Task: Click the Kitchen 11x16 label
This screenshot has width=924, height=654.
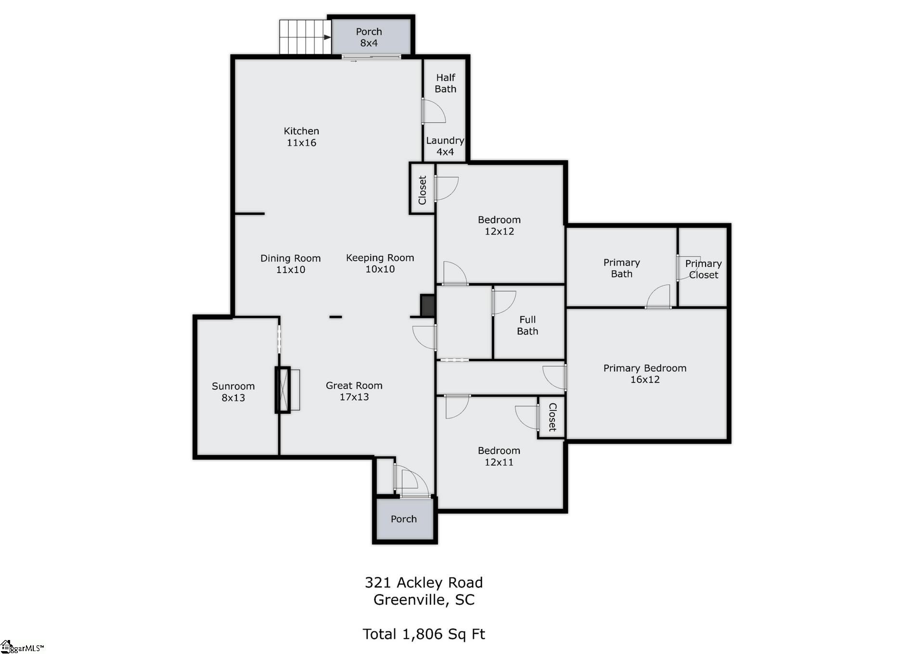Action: coord(301,137)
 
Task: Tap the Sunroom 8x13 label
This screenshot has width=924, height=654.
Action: coord(233,392)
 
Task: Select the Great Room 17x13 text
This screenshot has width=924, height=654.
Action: coord(354,391)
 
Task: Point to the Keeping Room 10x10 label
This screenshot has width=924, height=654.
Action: coord(380,263)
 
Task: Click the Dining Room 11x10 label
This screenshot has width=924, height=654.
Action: coord(291,264)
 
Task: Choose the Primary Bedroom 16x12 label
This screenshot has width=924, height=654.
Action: coord(645,374)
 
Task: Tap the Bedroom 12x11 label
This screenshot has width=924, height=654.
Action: coord(499,456)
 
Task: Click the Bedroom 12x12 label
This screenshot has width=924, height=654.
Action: coord(499,225)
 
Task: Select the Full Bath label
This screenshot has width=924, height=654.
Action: coord(527,325)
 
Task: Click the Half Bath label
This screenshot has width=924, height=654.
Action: coord(446,83)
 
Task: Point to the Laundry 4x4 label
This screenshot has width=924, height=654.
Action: coord(445,146)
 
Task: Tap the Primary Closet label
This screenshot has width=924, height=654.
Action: coord(704,269)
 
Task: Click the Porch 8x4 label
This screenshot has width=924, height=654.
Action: coord(369,37)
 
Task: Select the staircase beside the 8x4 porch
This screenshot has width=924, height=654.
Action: coord(305,37)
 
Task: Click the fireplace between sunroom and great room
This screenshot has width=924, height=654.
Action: coord(283,390)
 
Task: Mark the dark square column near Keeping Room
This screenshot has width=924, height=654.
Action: coord(428,306)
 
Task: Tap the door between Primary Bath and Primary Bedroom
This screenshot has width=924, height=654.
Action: coord(658,298)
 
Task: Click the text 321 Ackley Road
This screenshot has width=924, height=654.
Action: coord(423,582)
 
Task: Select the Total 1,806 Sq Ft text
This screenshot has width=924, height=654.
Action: coord(423,634)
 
